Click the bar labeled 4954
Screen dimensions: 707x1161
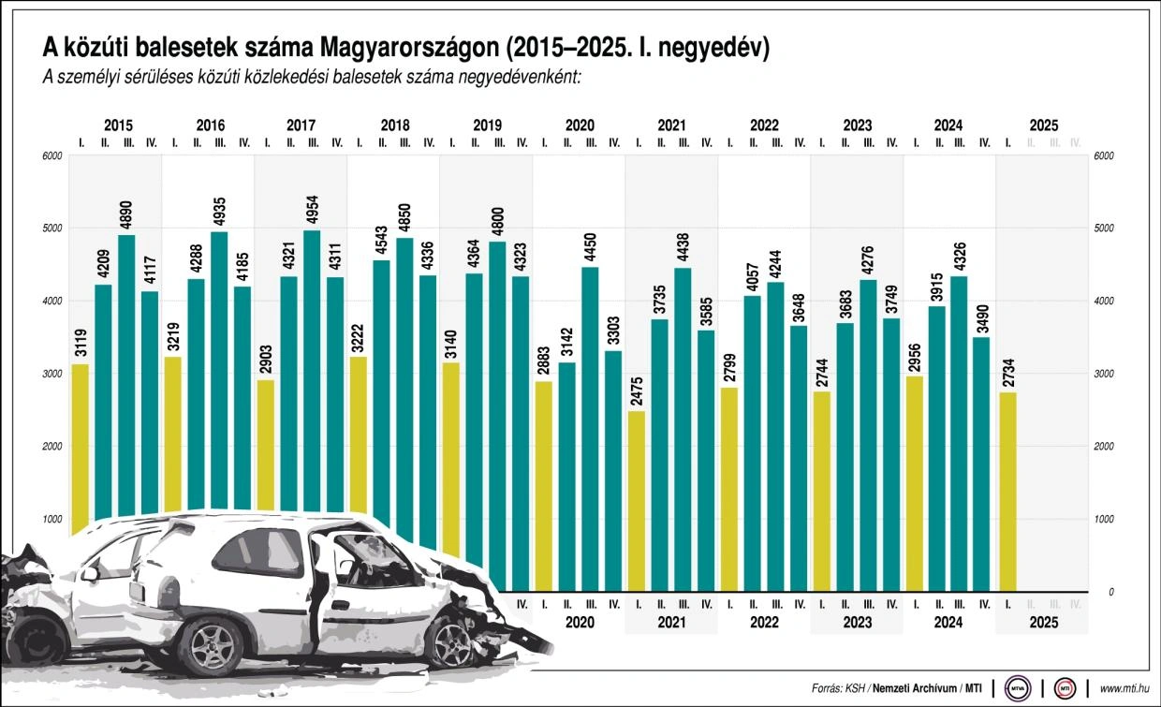click(312, 375)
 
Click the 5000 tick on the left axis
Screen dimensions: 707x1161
click(52, 228)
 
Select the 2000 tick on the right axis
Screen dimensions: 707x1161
click(1103, 447)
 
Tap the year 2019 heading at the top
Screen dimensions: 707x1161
click(487, 125)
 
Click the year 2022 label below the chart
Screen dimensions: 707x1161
click(764, 622)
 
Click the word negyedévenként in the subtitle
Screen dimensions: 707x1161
click(525, 78)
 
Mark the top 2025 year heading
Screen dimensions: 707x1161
click(1043, 125)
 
